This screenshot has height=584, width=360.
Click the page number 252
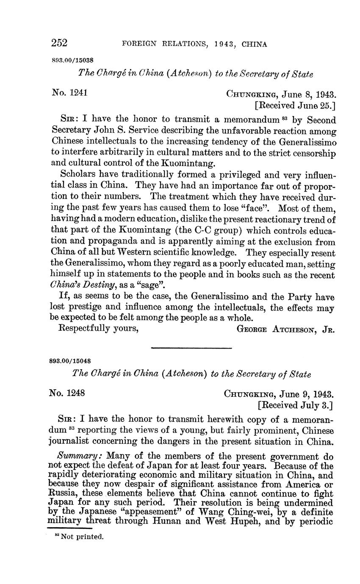59,43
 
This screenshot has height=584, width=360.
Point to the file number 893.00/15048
70,361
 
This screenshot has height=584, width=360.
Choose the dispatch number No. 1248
67,393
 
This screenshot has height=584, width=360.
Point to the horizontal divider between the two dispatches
191,348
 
